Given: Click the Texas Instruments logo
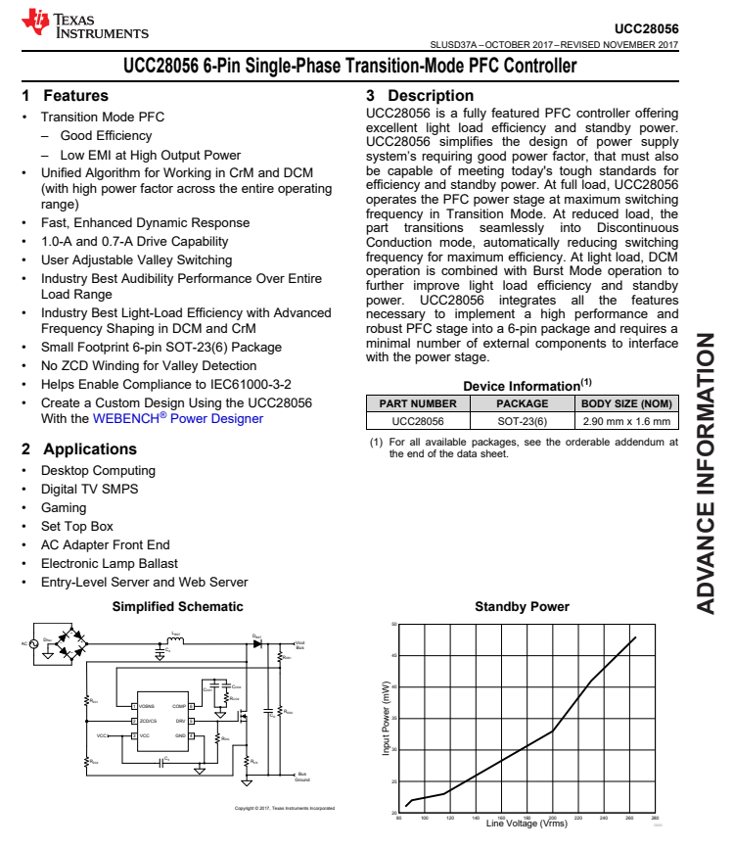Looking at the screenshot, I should pos(84,24).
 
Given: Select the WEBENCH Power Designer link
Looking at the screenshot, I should pos(178,419).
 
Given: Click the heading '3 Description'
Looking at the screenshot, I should pos(420,96).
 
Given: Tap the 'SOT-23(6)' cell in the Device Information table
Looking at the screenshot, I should pos(523,422).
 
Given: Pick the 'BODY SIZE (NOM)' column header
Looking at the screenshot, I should pos(626,403).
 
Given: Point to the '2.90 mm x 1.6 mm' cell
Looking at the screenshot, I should pos(626,422).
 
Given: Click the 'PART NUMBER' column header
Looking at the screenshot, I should pos(418,403).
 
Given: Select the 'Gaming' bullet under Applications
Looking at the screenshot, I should pos(64,508).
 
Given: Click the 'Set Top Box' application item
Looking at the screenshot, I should pos(77,527).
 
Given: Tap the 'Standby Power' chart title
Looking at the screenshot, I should pos(522,607).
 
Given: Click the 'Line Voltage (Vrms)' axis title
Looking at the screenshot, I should pos(527,824).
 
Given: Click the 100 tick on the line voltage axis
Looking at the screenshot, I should pos(425,818).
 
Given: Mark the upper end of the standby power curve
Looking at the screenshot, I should pos(635,638).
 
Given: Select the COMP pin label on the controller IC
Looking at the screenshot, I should pos(179,706).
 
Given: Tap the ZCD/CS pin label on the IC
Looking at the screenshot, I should pos(149,721).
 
